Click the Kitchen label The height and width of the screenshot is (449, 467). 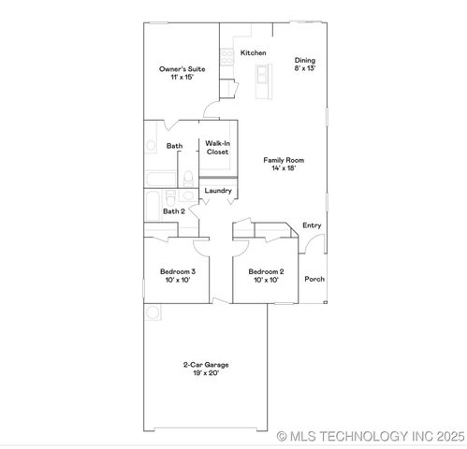tap(254, 53)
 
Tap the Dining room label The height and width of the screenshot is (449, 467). tap(305, 60)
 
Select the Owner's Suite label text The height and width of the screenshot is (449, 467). tap(181, 69)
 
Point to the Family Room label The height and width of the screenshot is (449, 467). tap(288, 160)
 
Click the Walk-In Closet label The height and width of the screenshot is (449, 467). tap(218, 147)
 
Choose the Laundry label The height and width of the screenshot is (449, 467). tap(217, 191)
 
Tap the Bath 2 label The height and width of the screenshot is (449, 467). tap(174, 211)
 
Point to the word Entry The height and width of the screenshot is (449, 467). tap(312, 225)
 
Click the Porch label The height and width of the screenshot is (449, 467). tap(314, 279)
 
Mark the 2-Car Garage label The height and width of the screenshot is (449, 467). tap(206, 365)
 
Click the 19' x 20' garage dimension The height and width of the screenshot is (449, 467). tap(206, 373)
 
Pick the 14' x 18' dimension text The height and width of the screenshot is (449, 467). tap(288, 168)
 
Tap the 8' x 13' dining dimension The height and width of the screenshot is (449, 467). tap(305, 68)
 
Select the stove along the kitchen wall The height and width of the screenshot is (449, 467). tap(226, 57)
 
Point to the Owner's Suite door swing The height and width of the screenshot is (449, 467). tap(212, 115)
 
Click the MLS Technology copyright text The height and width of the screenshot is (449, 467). tap(371, 436)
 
